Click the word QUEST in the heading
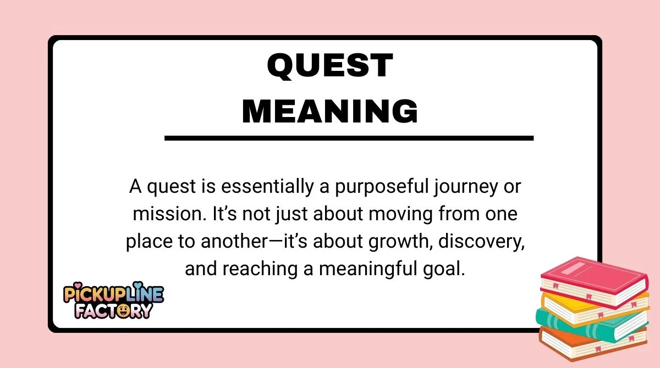click(330, 66)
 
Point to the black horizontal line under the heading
click(349, 138)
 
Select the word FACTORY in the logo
click(113, 311)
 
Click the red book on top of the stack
click(592, 280)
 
